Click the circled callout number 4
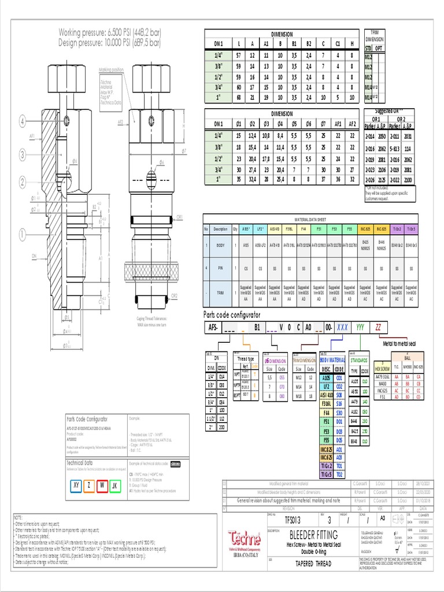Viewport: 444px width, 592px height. point(23,122)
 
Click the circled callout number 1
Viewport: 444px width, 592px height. point(23,235)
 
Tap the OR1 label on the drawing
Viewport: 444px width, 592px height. point(180,217)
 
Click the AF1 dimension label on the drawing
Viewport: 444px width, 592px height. point(33,135)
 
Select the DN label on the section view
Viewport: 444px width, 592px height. point(34,254)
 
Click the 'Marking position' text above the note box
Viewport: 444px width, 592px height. point(110,70)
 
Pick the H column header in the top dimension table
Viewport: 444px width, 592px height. point(352,43)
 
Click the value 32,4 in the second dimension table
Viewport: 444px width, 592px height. point(252,180)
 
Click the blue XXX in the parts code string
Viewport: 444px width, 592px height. point(342,327)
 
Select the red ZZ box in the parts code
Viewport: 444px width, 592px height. point(379,327)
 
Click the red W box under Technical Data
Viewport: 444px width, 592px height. point(102,486)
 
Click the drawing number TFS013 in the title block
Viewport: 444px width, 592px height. point(284,519)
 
